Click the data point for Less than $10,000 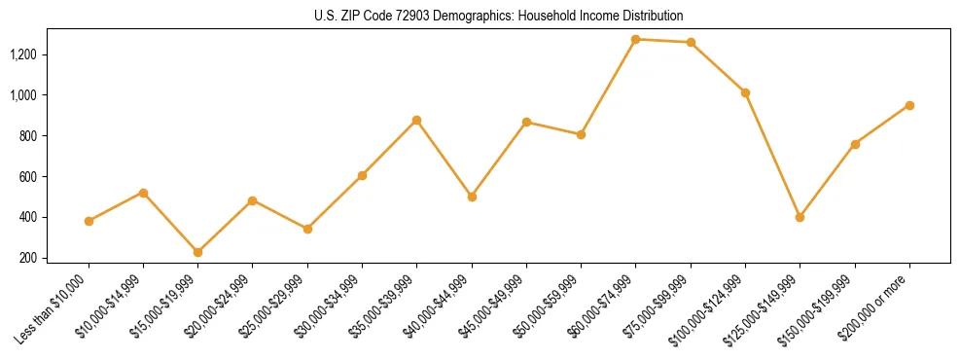click(89, 221)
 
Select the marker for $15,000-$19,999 click(198, 252)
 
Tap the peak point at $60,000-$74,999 click(635, 39)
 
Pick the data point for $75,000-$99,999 click(691, 42)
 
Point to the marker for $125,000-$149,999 click(800, 217)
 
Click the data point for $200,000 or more click(909, 105)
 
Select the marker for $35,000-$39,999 click(416, 120)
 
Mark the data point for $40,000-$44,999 click(472, 197)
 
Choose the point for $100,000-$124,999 click(745, 92)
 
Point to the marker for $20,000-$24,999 click(253, 200)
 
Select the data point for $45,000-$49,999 click(526, 122)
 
